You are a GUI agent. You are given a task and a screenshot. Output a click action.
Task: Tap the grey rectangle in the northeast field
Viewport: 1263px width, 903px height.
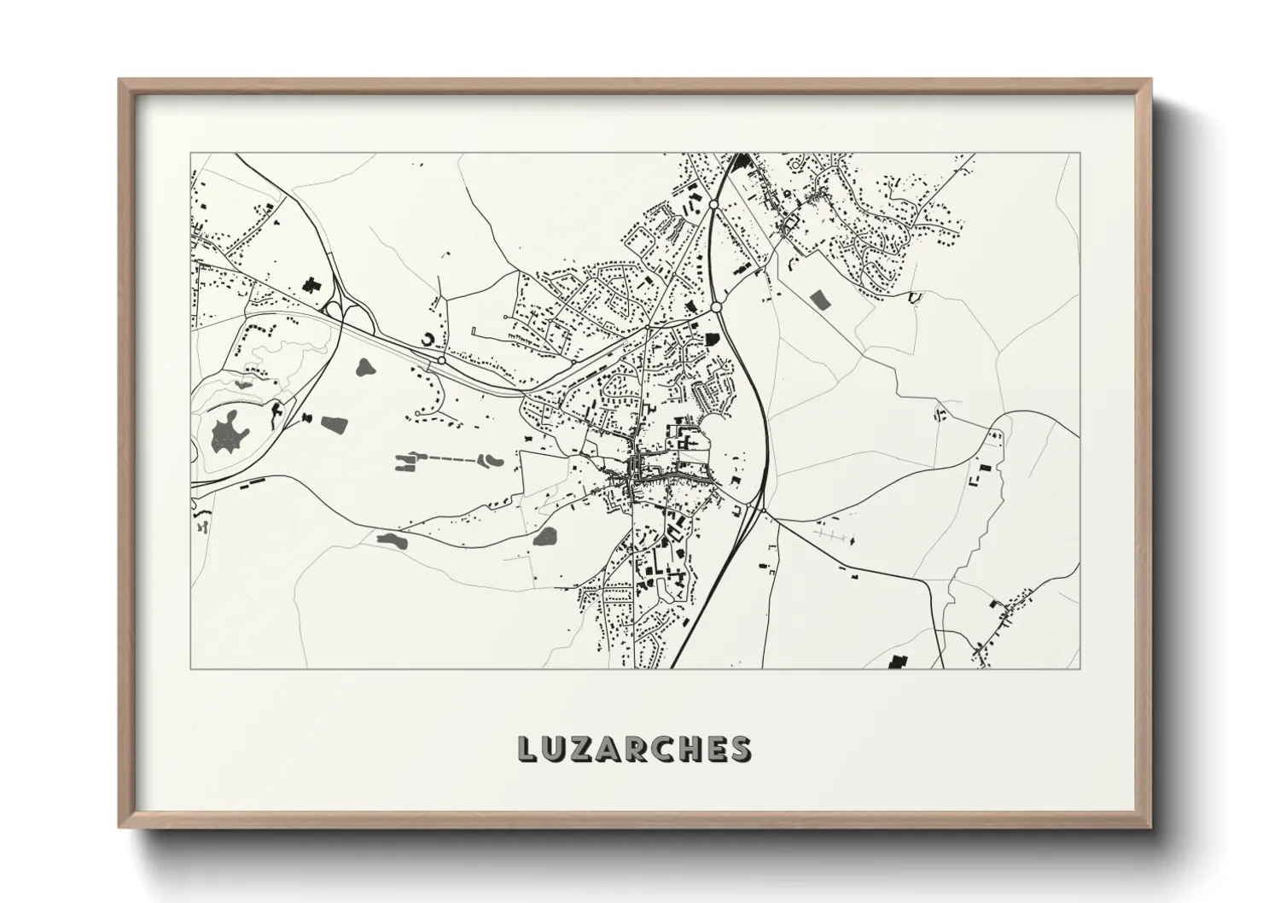[819, 299]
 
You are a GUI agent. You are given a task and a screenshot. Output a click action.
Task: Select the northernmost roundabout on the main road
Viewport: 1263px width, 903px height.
[713, 205]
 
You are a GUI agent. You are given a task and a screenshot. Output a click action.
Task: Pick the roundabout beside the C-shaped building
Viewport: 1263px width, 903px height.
[440, 361]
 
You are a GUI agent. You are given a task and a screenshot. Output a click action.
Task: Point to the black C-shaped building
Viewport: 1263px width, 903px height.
[427, 340]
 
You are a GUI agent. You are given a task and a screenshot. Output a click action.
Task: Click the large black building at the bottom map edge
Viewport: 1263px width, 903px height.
[897, 661]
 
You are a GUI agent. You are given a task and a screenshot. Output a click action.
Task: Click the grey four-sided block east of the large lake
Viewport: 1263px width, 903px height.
[330, 422]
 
